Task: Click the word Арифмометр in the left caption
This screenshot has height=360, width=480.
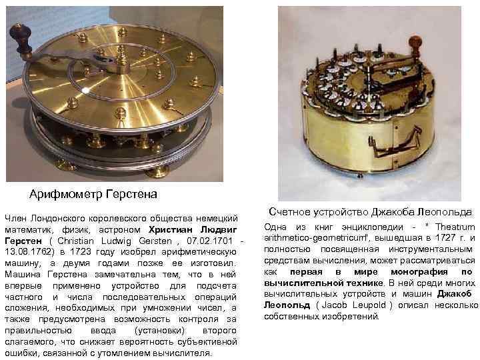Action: point(63,195)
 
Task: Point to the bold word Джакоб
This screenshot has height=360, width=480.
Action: point(457,294)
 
